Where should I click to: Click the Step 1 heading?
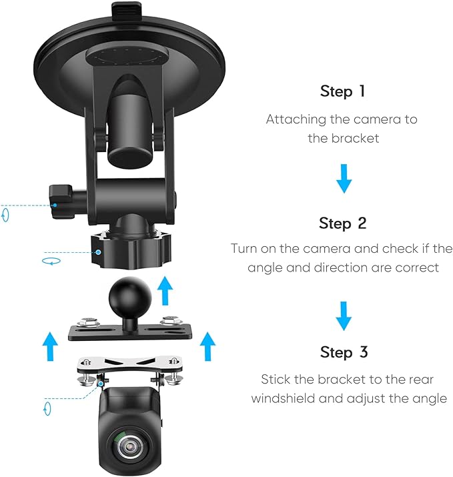(342, 91)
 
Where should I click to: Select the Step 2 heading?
(342, 223)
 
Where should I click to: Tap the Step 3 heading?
(344, 352)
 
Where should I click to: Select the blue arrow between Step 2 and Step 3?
(343, 316)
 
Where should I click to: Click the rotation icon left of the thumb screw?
(5, 215)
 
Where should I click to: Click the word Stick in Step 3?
(275, 380)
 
